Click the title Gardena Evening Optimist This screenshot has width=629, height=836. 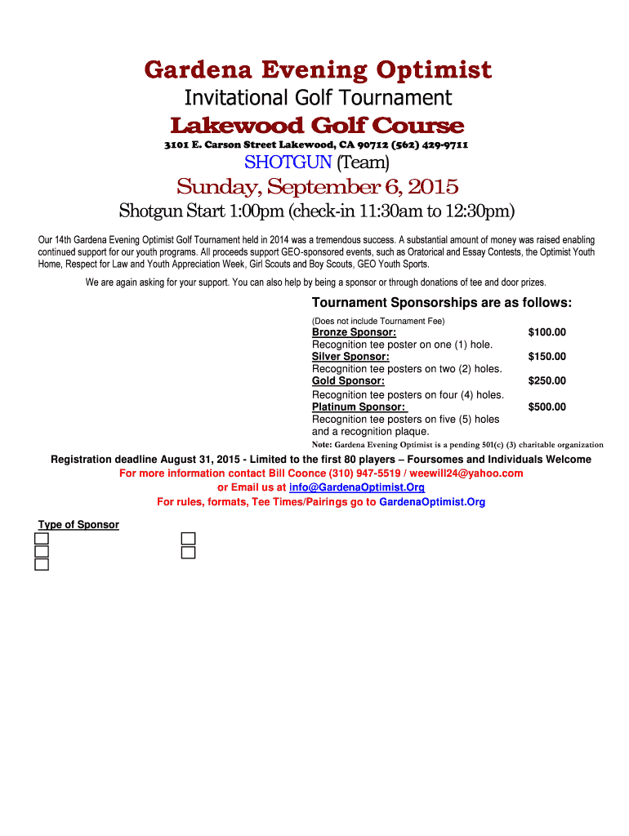coord(318,70)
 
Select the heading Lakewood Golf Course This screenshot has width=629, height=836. coord(317,126)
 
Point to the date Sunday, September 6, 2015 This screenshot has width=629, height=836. coord(318,187)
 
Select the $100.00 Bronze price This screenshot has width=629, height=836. coord(546,332)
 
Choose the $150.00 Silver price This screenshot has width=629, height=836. coord(546,357)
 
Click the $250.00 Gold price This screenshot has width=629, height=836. coord(546,381)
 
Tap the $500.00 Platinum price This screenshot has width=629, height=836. coord(546,407)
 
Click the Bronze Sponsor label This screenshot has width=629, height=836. coord(354,332)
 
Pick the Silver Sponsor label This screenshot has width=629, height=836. coord(350,357)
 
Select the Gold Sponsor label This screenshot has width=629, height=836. coord(348,381)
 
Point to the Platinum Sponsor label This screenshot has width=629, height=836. coord(359,407)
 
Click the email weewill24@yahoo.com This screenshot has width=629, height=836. coord(466,474)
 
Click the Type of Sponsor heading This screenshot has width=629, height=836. coord(78,524)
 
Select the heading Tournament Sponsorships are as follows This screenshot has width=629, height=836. coord(442,304)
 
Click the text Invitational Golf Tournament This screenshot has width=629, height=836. coord(318,98)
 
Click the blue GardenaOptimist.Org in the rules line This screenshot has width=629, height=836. coord(432,502)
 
